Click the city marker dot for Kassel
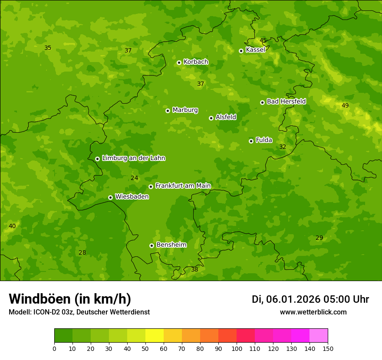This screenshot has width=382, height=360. (x=241, y=51)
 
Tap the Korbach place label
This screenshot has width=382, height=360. (x=196, y=62)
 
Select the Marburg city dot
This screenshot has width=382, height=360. (x=168, y=111)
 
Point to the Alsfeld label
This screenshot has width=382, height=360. (x=226, y=117)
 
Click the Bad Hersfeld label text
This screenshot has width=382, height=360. (x=286, y=101)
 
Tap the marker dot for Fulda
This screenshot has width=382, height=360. (x=251, y=141)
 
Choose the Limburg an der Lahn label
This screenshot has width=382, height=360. (x=133, y=158)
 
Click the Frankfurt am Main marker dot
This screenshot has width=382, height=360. (x=151, y=187)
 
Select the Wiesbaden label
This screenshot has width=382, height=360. (x=132, y=197)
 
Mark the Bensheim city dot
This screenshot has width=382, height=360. (x=151, y=245)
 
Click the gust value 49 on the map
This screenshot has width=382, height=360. (x=345, y=105)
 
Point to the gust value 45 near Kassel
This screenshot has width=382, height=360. (x=263, y=40)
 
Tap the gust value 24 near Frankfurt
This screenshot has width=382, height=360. (x=135, y=178)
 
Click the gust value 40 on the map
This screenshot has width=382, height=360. (x=12, y=226)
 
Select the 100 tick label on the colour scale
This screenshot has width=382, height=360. (x=237, y=348)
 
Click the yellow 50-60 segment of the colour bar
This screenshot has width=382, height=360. (x=155, y=336)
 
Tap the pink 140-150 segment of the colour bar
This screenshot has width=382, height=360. (x=319, y=336)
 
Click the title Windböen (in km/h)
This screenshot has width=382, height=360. (x=70, y=299)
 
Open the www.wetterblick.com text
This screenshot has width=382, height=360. (x=313, y=312)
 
